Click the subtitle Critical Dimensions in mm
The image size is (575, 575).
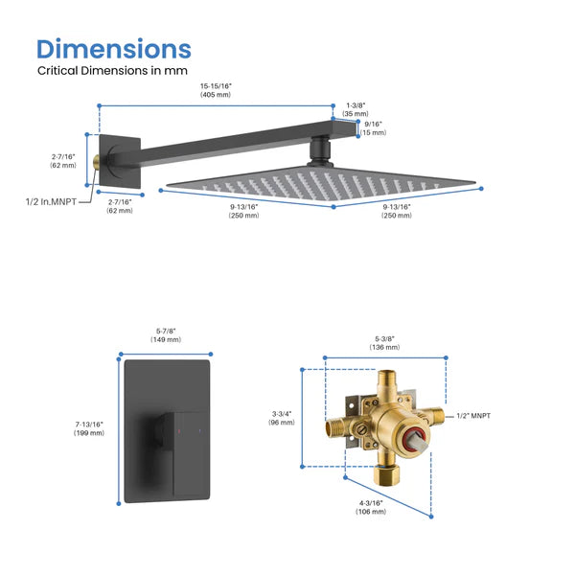coord(112,70)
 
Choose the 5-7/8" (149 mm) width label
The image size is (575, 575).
coord(167,335)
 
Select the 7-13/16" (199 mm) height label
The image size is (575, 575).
coord(88,428)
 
